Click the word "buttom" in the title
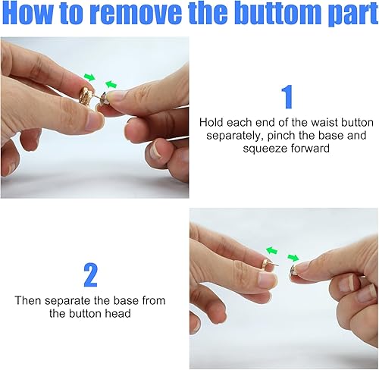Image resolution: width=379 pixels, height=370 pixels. click(280, 12)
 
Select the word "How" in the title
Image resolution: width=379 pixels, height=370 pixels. click(28, 12)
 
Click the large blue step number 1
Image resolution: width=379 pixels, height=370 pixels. click(287, 97)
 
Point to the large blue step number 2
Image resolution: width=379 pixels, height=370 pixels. click(90, 274)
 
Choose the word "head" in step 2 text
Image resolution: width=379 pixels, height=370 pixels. click(117, 314)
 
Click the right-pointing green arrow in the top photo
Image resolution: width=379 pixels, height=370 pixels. click(89, 77)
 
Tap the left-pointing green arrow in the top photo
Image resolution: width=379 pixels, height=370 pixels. click(111, 84)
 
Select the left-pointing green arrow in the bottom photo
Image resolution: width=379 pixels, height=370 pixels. click(271, 250)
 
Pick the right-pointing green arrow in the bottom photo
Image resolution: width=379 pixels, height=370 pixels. click(293, 258)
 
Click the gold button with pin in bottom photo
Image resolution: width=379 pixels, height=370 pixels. click(268, 265)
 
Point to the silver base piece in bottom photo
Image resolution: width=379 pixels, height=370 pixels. click(294, 270)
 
